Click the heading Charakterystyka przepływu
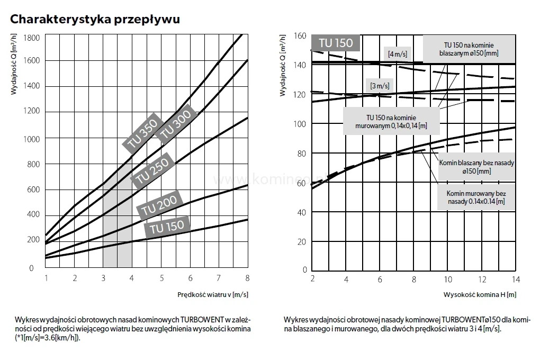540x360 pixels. tap(95, 20)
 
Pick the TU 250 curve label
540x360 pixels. tap(152, 172)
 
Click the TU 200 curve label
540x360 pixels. tap(161, 204)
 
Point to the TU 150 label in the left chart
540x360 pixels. tap(167, 227)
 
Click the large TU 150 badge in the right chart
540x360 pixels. tap(336, 43)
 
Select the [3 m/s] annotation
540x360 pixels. tap(380, 86)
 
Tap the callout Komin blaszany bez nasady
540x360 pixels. tap(476, 167)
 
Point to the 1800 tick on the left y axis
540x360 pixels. tap(31, 37)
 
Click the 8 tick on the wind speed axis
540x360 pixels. tap(247, 278)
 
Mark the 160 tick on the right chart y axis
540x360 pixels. tap(300, 36)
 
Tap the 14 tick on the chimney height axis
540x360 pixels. tap(515, 279)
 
